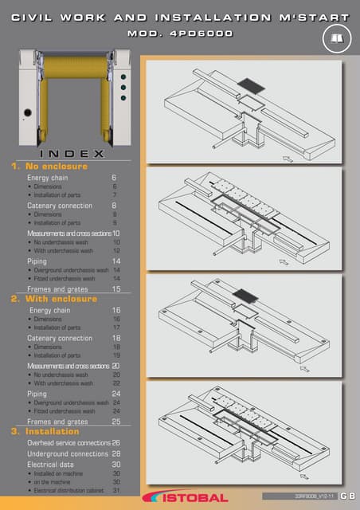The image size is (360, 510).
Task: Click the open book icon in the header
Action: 335,37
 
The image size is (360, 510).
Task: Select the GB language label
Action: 346,497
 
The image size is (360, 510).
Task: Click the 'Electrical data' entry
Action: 51,464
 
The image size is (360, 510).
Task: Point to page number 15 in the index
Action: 116,288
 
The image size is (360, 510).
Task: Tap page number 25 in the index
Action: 116,421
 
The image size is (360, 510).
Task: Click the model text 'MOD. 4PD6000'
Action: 179,33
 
